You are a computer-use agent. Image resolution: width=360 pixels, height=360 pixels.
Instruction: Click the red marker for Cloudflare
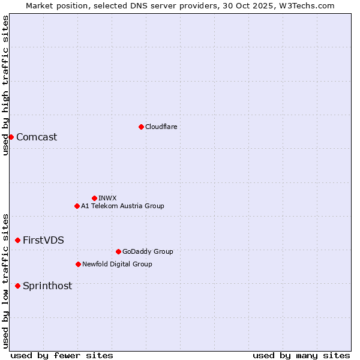click(141, 127)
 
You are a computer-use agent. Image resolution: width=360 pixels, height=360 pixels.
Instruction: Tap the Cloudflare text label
click(161, 127)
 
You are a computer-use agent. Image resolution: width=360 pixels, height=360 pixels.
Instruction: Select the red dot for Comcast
click(11, 137)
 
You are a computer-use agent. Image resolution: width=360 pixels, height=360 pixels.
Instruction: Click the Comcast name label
click(37, 137)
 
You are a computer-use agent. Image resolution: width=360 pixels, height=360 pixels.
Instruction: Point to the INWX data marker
click(94, 198)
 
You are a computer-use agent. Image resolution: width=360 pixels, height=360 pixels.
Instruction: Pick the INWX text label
click(107, 198)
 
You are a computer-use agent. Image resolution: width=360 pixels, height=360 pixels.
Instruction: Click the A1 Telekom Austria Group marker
click(77, 206)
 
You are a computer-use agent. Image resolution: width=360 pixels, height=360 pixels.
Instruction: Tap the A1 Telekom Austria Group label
click(122, 206)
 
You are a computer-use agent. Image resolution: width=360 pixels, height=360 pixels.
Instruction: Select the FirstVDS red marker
click(17, 240)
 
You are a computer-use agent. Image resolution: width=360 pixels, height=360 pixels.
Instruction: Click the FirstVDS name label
click(43, 240)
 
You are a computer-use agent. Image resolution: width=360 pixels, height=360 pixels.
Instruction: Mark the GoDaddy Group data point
click(118, 251)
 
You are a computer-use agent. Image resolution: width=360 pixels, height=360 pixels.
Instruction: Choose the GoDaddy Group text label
click(148, 251)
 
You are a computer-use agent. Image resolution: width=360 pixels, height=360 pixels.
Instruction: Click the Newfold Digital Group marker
click(78, 264)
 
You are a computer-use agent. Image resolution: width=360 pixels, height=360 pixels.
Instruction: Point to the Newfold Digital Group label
click(117, 264)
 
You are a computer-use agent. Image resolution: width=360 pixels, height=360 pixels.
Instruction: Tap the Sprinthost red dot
click(17, 286)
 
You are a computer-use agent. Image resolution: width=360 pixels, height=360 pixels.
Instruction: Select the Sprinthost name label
click(47, 286)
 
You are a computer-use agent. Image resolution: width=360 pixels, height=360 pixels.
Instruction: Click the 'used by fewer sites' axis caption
click(62, 355)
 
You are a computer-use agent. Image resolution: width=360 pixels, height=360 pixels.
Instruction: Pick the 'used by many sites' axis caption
click(301, 355)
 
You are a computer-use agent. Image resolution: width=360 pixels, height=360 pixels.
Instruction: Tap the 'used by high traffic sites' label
click(5, 85)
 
